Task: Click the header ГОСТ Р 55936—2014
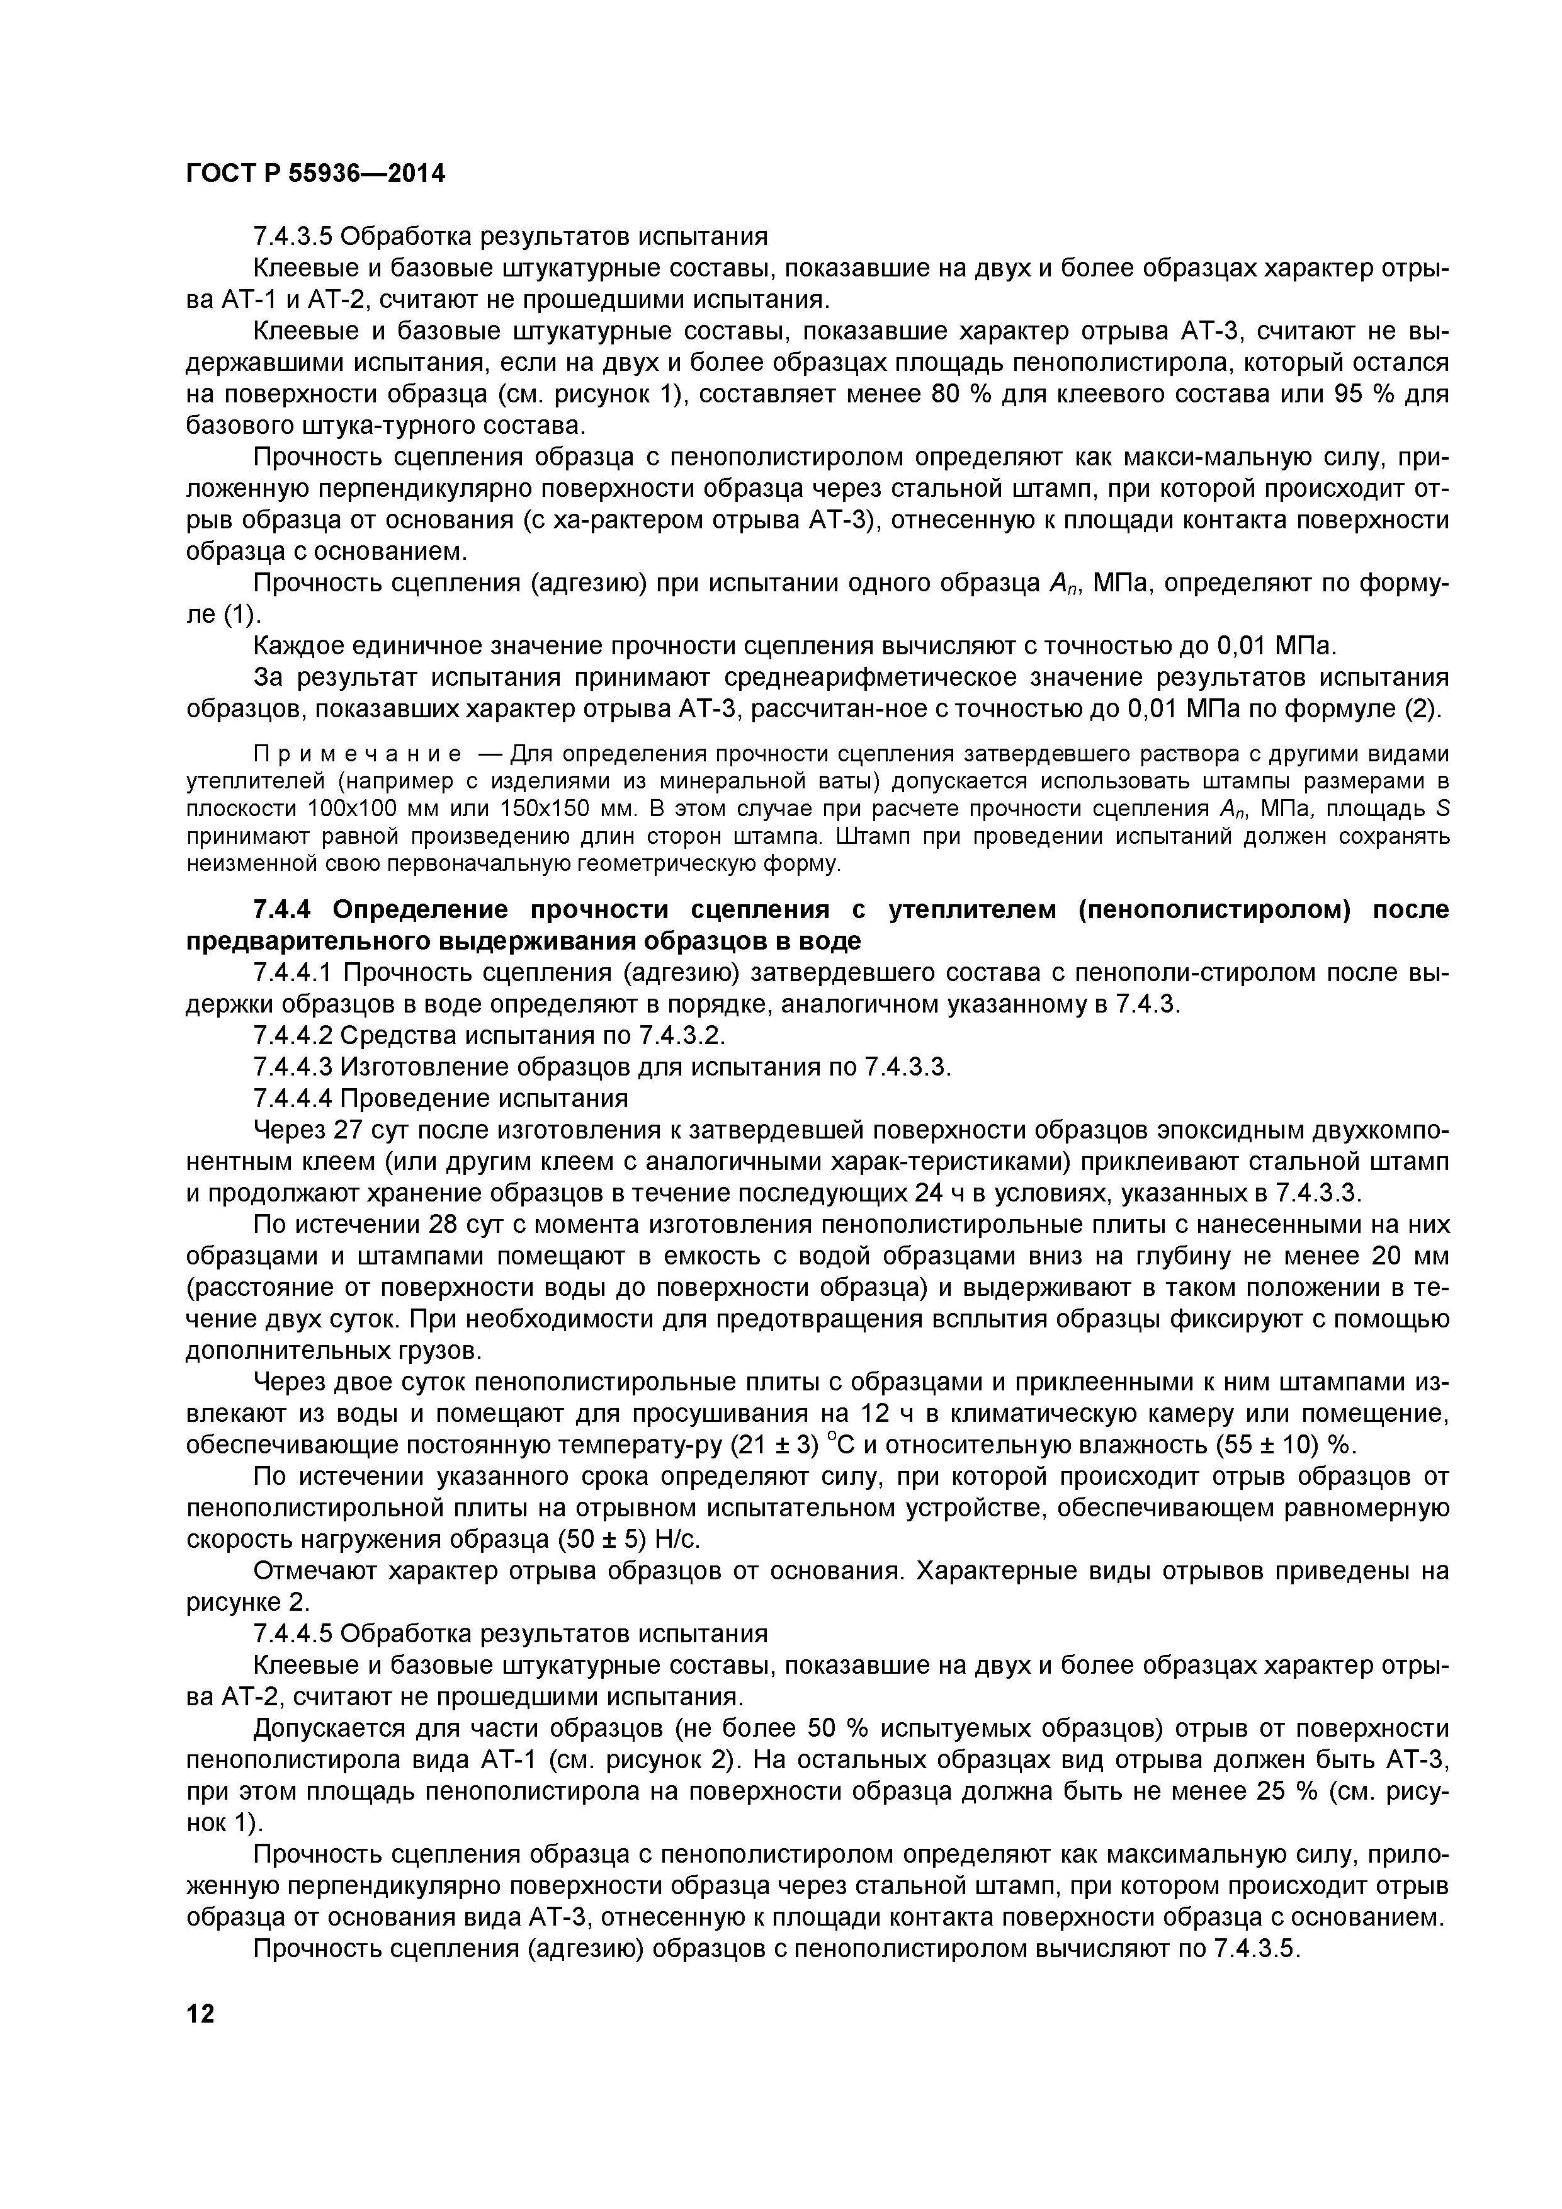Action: [x=315, y=174]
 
